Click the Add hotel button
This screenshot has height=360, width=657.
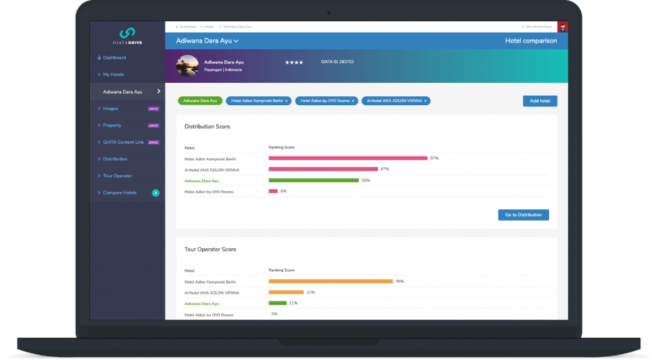540,101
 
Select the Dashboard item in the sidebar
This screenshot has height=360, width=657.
115,58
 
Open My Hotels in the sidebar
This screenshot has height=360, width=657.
114,74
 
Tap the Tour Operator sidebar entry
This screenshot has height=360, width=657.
117,175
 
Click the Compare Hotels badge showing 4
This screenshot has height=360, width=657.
155,193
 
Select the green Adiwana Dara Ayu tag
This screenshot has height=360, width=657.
200,101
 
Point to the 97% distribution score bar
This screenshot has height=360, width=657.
348,158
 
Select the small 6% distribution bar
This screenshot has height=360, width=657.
273,191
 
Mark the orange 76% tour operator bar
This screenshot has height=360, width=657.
330,281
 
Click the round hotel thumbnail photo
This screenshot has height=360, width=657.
188,65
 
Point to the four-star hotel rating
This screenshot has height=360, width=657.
294,62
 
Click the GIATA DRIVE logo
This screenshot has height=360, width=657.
127,36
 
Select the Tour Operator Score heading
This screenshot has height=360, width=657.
210,249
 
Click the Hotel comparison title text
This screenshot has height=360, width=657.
531,41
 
